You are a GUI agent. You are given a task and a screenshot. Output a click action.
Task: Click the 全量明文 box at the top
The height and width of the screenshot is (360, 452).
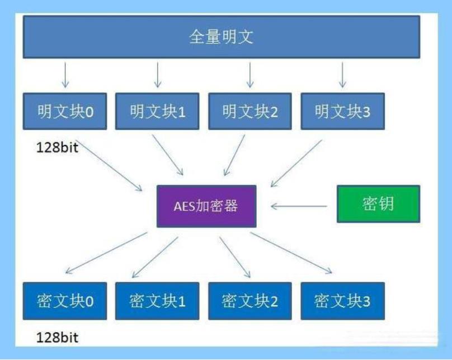221,37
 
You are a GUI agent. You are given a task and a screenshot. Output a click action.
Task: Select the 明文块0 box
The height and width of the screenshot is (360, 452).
65,112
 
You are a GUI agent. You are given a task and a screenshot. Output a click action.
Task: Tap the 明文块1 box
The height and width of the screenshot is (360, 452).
157,112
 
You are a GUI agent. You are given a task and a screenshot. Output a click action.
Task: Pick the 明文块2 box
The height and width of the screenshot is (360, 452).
250,112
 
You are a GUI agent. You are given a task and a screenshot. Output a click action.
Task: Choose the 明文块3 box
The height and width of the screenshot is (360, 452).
342,112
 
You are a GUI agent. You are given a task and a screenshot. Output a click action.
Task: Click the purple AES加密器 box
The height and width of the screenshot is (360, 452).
206,206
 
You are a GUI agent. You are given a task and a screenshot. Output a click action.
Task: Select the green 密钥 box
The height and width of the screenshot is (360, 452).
378,204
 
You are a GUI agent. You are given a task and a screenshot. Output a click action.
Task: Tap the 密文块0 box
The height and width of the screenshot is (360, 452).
65,301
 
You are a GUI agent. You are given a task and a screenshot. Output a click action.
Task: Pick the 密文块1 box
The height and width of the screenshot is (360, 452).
157,301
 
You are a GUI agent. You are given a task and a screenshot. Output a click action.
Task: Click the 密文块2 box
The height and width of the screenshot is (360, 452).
250,301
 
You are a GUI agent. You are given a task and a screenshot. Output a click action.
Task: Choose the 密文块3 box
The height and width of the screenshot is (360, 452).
342,301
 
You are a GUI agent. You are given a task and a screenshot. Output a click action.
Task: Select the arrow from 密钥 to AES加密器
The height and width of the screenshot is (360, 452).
299,206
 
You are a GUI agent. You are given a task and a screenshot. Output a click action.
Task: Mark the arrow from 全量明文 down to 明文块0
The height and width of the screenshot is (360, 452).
65,74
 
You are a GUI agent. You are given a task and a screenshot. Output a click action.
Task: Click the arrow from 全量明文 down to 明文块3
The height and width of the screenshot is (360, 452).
342,74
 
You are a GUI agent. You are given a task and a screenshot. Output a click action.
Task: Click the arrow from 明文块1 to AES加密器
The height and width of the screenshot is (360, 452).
168,154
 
